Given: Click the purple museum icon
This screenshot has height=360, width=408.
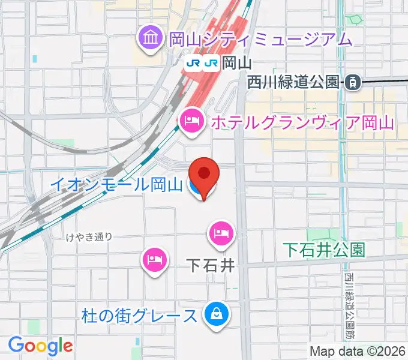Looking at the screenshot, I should click(x=148, y=39).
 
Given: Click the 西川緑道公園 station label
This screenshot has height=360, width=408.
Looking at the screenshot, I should click(x=293, y=83).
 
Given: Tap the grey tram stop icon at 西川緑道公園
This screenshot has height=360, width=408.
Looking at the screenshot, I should click(x=352, y=83).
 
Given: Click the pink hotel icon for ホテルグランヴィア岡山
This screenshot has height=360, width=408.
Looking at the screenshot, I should click(x=191, y=122).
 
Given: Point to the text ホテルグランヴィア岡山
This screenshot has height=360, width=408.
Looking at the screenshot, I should click(x=301, y=123).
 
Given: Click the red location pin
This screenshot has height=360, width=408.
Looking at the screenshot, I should click(x=204, y=175).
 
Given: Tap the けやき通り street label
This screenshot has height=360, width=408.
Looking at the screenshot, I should click(x=89, y=236).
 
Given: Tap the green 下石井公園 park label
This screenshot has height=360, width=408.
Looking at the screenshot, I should click(x=325, y=250).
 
